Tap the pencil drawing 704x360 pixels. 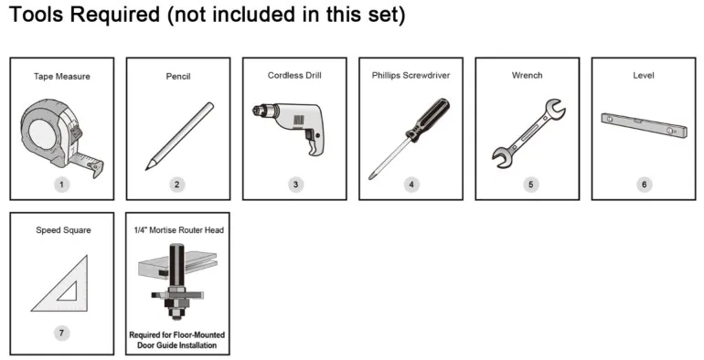(176, 136)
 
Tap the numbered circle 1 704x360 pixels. (62, 185)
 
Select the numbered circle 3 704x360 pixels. (294, 185)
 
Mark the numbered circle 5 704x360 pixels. (528, 185)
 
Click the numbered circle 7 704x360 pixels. (61, 334)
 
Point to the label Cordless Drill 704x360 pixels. (294, 75)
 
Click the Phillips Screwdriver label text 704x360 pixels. (411, 75)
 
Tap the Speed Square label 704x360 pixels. (60, 229)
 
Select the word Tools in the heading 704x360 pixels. (39, 16)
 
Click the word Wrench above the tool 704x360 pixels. (527, 75)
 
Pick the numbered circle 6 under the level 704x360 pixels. (644, 185)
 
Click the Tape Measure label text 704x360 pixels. (60, 78)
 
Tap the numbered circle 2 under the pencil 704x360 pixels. (177, 185)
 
